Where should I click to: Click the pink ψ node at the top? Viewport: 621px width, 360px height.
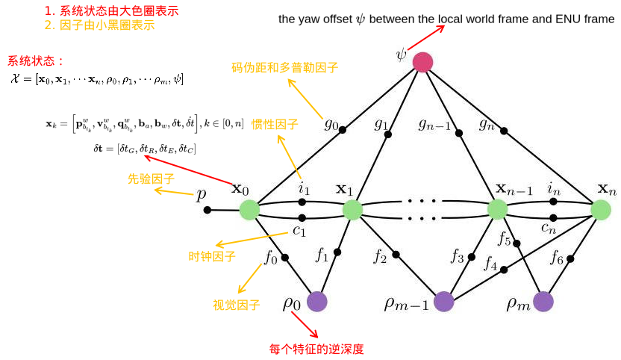pos(422,62)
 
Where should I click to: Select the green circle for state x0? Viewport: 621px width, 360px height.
pos(249,210)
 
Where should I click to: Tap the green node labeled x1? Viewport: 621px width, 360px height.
pos(352,210)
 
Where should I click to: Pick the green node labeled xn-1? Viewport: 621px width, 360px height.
pos(497,209)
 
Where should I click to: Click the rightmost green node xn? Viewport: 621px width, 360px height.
pos(601,210)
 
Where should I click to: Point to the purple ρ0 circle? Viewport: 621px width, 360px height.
pos(317,301)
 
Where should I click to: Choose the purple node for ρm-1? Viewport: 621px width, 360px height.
pos(444,301)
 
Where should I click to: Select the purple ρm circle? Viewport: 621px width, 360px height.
pos(543,301)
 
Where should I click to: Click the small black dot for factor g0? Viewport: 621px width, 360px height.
pos(343,130)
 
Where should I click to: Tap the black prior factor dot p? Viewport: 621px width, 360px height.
pos(207,210)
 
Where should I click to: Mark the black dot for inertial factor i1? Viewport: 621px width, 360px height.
pos(302,202)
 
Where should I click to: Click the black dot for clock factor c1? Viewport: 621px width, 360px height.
pos(302,219)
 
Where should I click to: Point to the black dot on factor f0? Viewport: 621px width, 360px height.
pos(284,258)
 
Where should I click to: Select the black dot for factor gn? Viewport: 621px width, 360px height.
pos(504,131)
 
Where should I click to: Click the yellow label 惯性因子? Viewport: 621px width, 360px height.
pos(275,125)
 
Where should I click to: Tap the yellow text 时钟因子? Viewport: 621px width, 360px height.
pos(212,257)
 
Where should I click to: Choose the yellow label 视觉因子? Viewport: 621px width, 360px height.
pos(237,305)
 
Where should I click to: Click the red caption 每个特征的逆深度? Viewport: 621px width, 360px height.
pos(316,349)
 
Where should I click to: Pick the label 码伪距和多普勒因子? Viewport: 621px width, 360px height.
pos(284,68)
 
